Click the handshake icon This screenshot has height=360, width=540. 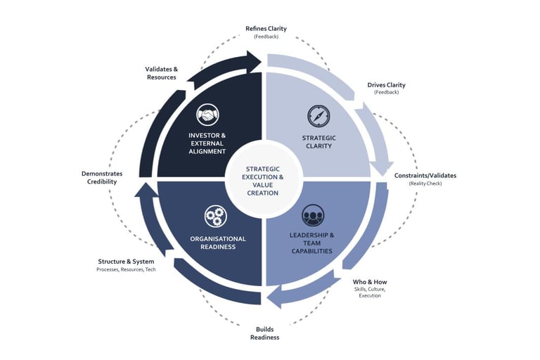click(207, 115)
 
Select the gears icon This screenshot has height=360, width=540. click(215, 216)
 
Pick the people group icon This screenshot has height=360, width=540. click(313, 215)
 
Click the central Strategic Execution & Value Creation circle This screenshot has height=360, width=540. click(265, 179)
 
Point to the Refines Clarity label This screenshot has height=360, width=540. click(266, 29)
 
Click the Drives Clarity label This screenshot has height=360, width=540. click(386, 85)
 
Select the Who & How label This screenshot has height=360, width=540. click(370, 282)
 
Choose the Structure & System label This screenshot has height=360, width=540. click(126, 262)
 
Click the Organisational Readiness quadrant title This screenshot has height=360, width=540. click(218, 243)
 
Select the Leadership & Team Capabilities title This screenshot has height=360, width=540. click(311, 243)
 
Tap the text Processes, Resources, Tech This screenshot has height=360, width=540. click(126, 270)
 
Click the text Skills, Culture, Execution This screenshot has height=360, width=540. click(370, 292)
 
